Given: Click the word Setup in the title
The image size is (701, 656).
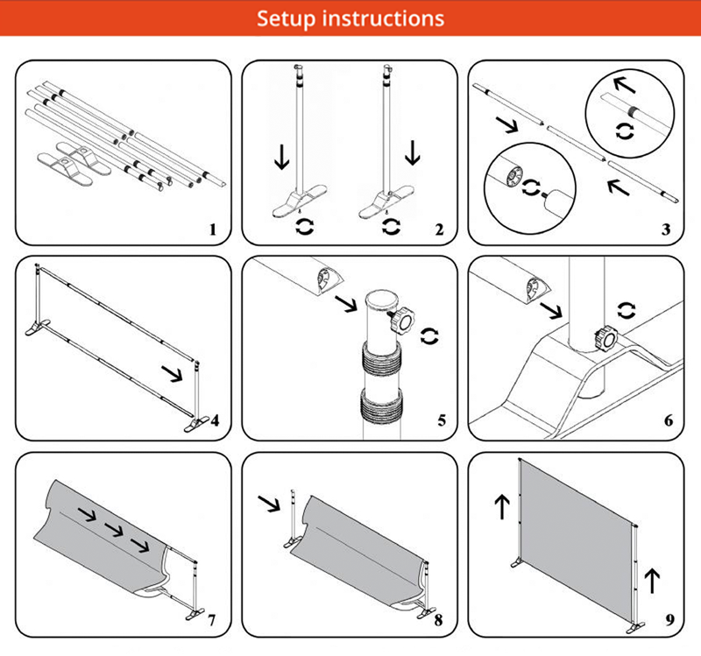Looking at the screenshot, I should (x=291, y=18).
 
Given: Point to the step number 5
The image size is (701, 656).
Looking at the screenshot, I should (x=441, y=421).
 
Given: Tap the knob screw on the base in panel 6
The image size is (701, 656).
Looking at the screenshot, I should (x=604, y=336).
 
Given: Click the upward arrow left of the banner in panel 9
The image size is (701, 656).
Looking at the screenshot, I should (x=501, y=505).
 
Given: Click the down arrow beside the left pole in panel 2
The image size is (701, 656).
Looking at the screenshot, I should (x=280, y=159).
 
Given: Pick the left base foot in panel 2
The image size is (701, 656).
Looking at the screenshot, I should (x=293, y=205).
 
